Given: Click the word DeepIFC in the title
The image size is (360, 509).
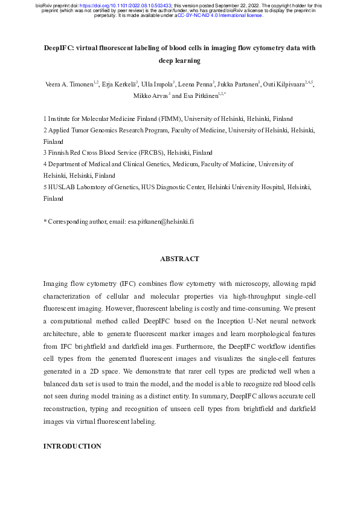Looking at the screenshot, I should coord(60,48).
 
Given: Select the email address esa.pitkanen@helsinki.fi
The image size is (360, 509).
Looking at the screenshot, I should coord(161,222).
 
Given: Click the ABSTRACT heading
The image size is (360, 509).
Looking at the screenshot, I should coord(179,259).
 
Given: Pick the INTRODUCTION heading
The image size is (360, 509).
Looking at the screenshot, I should coord(72,446).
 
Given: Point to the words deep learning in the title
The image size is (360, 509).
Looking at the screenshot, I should coord(179,61).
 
